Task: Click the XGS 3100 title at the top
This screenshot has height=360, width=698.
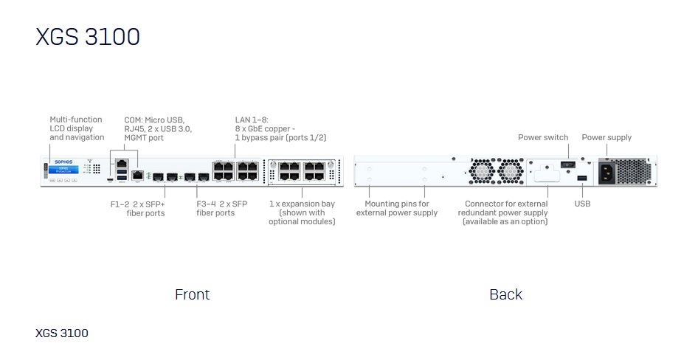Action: (x=88, y=37)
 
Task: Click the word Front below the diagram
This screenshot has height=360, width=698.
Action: (x=192, y=294)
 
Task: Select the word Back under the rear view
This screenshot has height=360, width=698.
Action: (x=505, y=294)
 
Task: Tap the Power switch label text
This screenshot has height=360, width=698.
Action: (x=543, y=137)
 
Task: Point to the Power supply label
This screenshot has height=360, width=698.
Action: (x=607, y=137)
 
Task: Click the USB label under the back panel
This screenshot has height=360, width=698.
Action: (x=582, y=204)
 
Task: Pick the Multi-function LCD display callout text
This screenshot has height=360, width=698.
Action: (x=77, y=128)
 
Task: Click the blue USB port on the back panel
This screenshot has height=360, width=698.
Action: (x=582, y=179)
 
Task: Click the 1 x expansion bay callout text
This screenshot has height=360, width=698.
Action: (x=302, y=212)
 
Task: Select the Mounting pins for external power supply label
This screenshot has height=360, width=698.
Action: (x=397, y=208)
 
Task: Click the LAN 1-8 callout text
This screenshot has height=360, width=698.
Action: (x=280, y=128)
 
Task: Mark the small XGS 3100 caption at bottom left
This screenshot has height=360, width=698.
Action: (x=62, y=333)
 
